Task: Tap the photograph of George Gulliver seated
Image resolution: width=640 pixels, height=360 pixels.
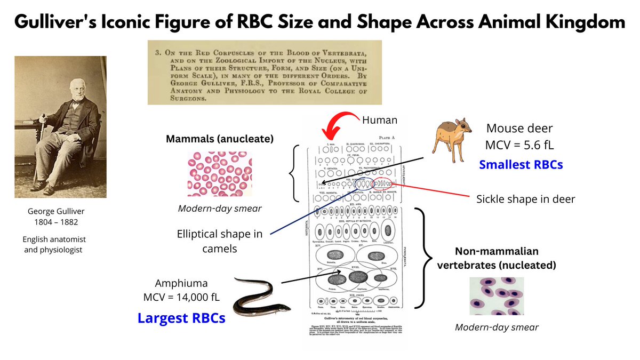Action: (x=60, y=127)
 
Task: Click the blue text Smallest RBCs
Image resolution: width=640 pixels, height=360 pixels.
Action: (x=521, y=165)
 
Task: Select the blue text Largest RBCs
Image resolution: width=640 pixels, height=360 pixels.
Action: (x=181, y=318)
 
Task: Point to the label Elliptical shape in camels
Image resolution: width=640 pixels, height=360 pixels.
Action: (x=220, y=241)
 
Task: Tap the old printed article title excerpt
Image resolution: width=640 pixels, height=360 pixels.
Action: (x=265, y=73)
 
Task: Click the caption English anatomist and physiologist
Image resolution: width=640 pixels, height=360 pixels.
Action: (x=53, y=244)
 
